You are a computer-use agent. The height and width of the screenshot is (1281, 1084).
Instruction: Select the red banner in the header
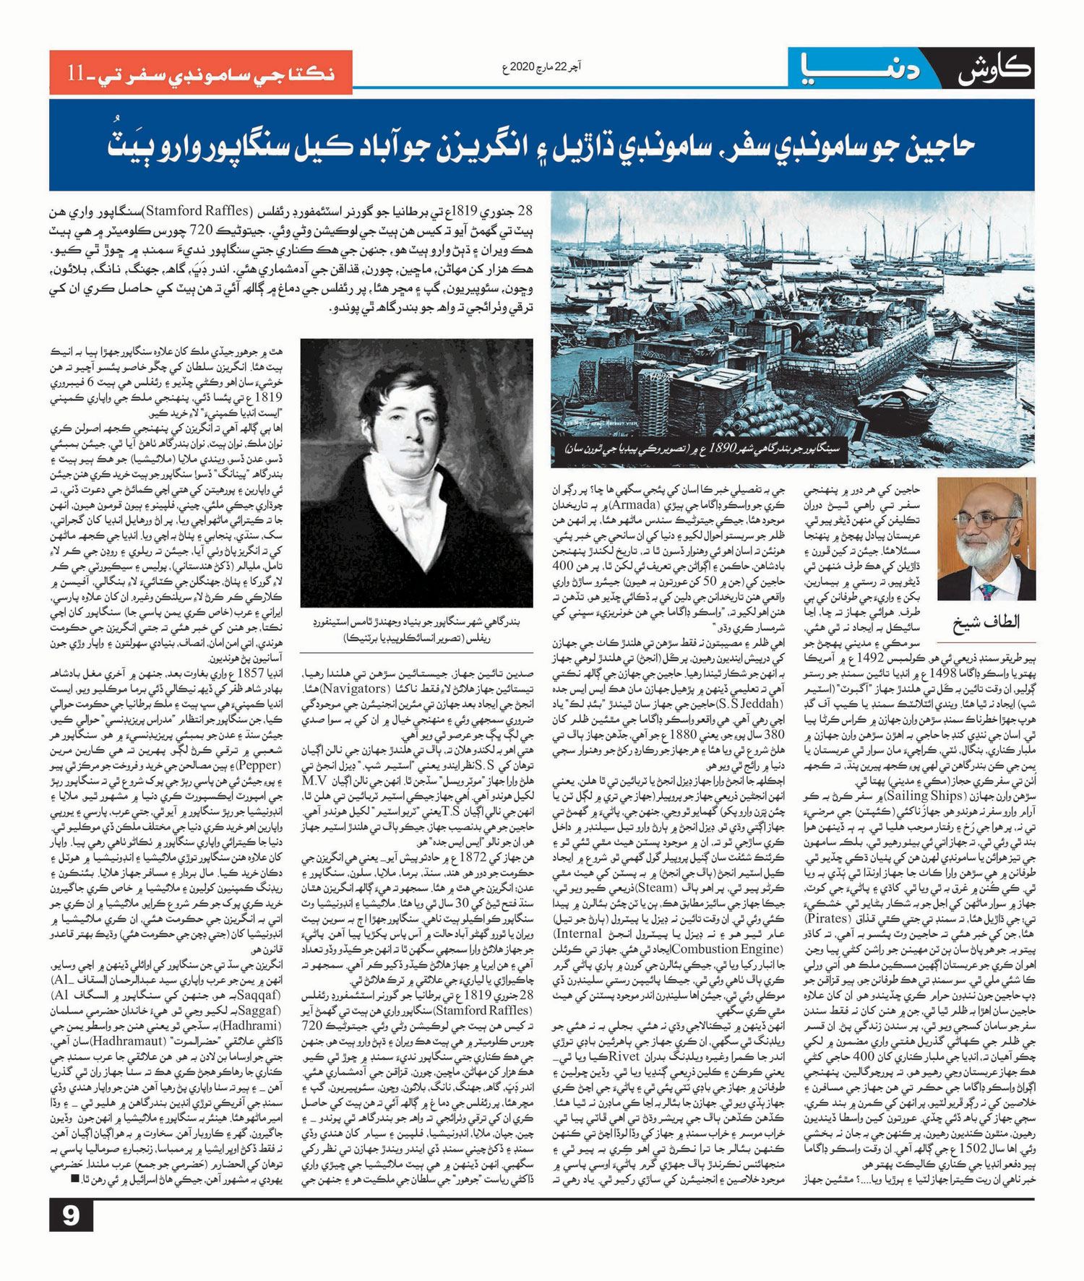coord(201,73)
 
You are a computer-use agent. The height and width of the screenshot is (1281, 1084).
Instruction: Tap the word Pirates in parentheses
coord(830,918)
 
